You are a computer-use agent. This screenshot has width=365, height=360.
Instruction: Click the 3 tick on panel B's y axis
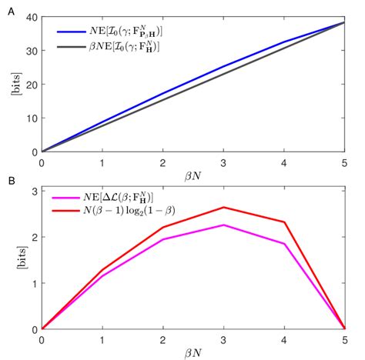[32, 190]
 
